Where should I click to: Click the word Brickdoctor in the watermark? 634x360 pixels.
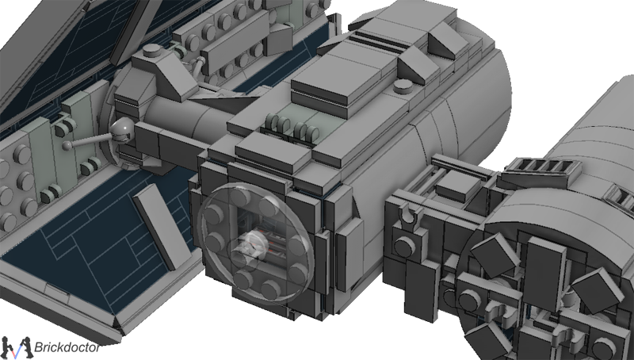tap(67, 347)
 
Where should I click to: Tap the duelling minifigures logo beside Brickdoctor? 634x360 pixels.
tap(16, 347)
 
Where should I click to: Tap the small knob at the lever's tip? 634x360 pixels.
tap(67, 145)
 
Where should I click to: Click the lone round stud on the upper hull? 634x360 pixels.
tap(403, 86)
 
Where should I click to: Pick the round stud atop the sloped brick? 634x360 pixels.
tap(151, 50)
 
